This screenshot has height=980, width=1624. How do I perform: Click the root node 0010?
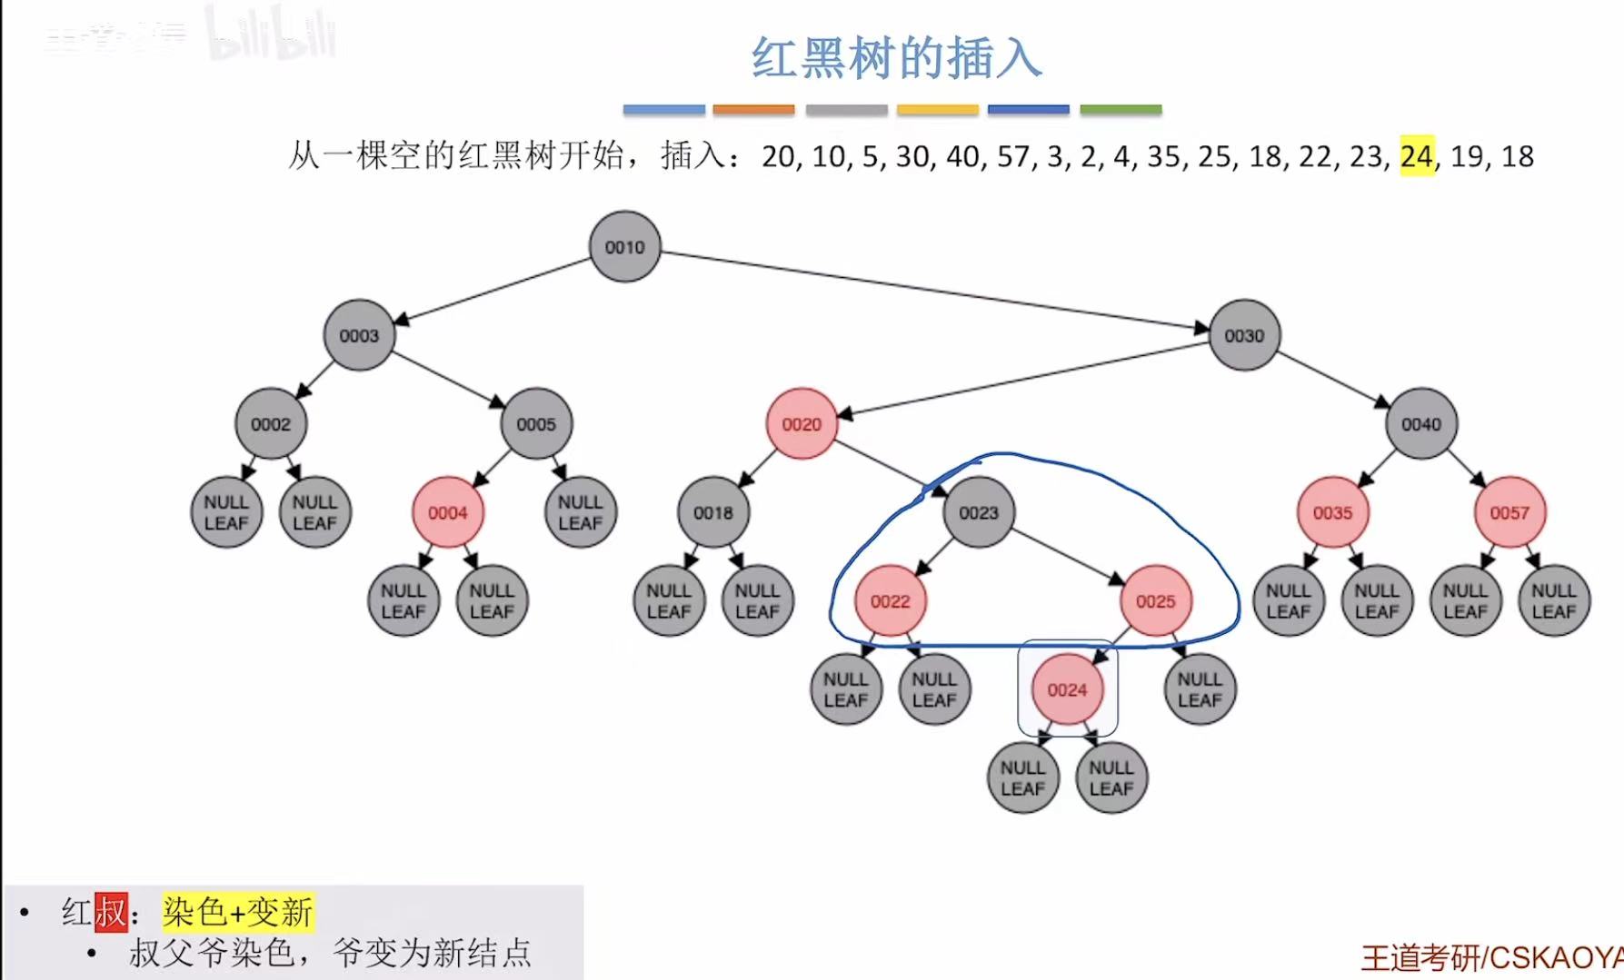click(x=624, y=247)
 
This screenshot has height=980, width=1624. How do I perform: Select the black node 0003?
click(x=359, y=335)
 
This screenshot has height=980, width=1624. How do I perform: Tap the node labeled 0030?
click(x=1244, y=335)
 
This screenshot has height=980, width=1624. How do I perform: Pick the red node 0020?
click(x=802, y=424)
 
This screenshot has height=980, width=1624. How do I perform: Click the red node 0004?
click(x=447, y=512)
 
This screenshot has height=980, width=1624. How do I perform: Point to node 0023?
click(x=979, y=512)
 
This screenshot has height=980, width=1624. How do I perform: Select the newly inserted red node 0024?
click(x=1067, y=689)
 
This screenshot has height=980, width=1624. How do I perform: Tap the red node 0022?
click(x=890, y=601)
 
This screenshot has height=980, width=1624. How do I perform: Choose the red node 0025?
click(x=1155, y=601)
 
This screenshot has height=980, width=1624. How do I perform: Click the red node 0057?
click(x=1509, y=512)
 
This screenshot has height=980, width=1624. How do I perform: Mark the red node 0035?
click(x=1332, y=512)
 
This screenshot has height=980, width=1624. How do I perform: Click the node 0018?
click(x=713, y=512)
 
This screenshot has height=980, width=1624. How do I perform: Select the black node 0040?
click(x=1421, y=424)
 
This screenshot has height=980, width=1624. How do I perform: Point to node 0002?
click(x=271, y=424)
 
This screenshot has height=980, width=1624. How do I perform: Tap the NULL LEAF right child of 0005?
click(x=581, y=512)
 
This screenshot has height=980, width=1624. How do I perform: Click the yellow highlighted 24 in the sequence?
click(x=1416, y=156)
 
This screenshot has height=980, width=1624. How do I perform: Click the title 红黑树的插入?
click(x=895, y=59)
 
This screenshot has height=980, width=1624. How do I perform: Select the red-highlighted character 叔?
click(x=111, y=912)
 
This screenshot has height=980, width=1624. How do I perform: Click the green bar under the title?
click(x=1121, y=110)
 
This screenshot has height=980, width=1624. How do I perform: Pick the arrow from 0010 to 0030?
click(x=936, y=289)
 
